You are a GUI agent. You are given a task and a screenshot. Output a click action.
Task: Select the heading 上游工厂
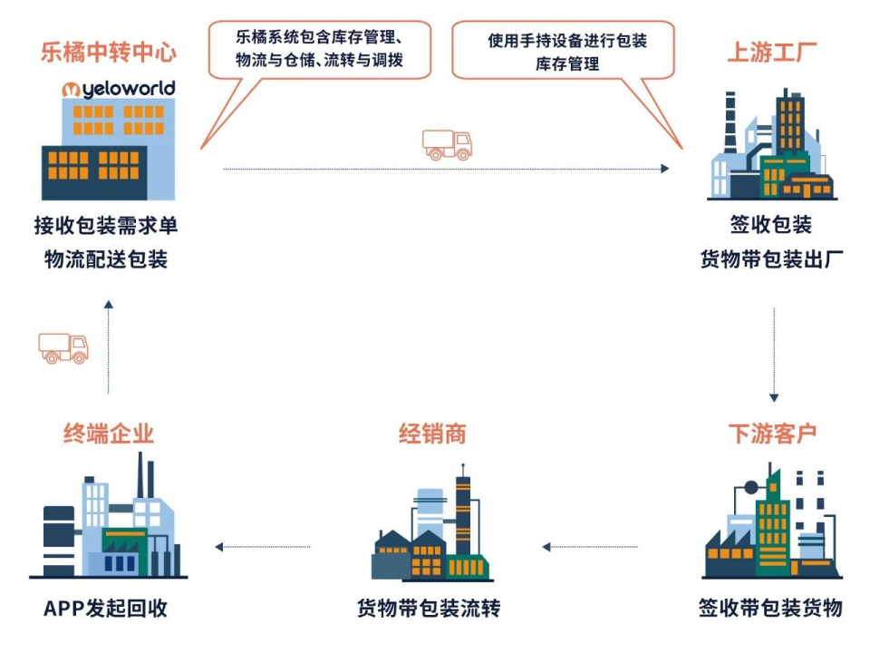click(772, 52)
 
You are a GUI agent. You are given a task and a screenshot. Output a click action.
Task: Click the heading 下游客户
click(772, 433)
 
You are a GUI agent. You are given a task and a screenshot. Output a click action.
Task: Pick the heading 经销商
click(432, 433)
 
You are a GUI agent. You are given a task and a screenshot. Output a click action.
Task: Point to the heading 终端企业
click(108, 433)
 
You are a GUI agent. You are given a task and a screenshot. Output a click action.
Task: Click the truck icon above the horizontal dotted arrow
click(448, 144)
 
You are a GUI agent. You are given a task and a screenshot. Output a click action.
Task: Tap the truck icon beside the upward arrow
click(63, 347)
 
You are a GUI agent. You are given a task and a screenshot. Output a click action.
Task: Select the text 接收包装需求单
click(106, 226)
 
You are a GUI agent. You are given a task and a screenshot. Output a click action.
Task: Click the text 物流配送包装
click(106, 259)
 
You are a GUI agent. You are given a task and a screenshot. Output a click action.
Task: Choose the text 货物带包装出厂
click(772, 259)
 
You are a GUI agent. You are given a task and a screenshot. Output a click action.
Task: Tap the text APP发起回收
click(106, 607)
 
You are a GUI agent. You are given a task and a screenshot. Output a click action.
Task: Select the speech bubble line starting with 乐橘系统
click(319, 38)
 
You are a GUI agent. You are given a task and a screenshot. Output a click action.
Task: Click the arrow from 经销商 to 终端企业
click(263, 547)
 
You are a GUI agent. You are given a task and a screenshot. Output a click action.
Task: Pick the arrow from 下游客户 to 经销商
click(589, 547)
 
